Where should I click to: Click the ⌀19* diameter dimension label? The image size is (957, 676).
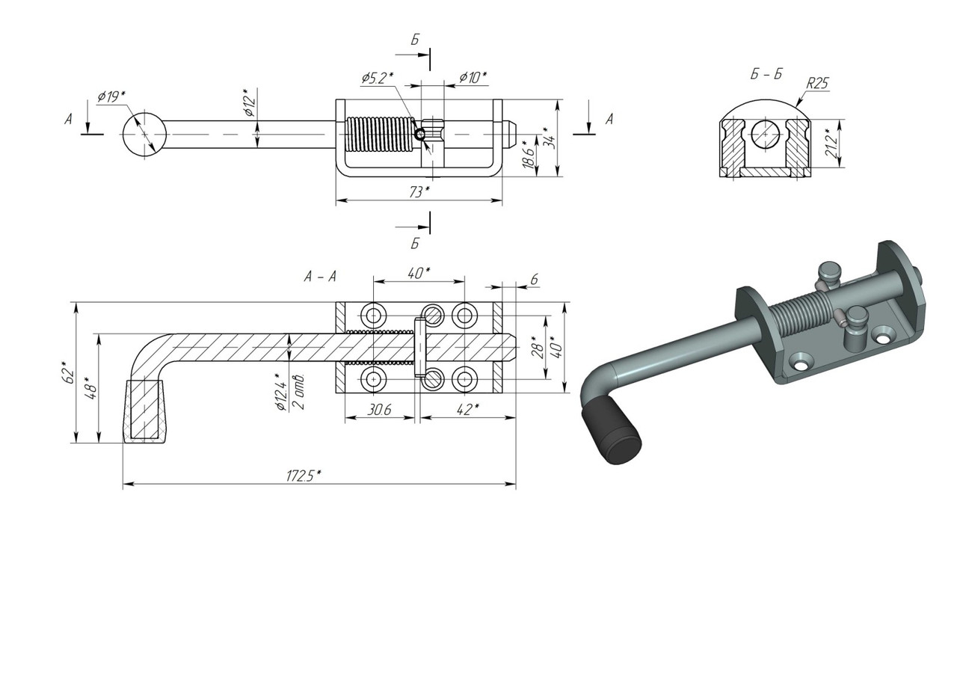[111, 97]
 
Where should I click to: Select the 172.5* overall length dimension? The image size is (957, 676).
[304, 476]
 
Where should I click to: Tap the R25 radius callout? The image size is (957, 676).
[817, 83]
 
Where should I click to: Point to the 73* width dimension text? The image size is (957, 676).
[419, 192]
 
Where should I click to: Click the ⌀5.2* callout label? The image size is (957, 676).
[377, 78]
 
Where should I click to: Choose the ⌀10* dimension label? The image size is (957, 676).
[473, 78]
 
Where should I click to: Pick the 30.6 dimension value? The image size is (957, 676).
[379, 409]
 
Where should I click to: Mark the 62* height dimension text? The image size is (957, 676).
[68, 372]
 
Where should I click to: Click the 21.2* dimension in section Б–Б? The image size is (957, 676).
[831, 143]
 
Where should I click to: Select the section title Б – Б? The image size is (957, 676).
[766, 74]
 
